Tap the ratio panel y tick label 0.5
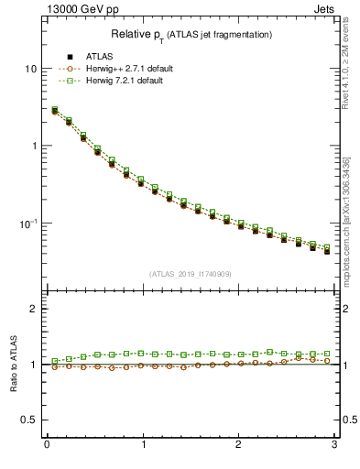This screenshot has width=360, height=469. pyautogui.click(x=29, y=420)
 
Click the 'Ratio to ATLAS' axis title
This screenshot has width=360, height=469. pyautogui.click(x=13, y=365)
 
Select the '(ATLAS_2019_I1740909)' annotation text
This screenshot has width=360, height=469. pyautogui.click(x=191, y=274)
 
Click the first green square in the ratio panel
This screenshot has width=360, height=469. pyautogui.click(x=55, y=362)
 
